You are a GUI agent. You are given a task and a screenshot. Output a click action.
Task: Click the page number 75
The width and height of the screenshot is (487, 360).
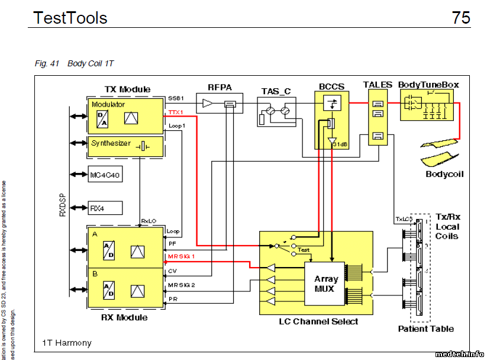coord(461,18)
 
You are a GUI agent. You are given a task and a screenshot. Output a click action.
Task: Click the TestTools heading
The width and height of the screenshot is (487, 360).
coord(70,18)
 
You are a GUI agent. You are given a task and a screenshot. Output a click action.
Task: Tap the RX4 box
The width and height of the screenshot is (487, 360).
coord(106,208)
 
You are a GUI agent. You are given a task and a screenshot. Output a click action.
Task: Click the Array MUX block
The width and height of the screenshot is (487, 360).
coord(326,283)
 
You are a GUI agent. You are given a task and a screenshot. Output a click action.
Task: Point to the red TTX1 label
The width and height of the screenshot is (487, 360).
coord(176,111)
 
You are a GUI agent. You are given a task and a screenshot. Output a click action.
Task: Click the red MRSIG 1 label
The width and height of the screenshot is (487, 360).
coord(182,256)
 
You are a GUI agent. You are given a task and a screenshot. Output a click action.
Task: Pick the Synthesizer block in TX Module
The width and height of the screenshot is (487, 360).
coord(125,146)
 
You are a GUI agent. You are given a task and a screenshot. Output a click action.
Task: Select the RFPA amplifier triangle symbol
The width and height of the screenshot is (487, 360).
coord(207,104)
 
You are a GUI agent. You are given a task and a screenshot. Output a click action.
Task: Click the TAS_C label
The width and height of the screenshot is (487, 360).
coord(276,91)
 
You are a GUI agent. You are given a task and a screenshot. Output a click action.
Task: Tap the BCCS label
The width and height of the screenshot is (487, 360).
coord(331,86)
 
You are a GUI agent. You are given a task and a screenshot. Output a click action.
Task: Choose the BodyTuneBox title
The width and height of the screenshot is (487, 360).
coord(428,85)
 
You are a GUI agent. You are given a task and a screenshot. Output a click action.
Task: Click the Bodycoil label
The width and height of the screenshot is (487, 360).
coord(444,174)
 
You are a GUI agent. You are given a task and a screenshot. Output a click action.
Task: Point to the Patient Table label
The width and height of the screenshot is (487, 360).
coord(426,329)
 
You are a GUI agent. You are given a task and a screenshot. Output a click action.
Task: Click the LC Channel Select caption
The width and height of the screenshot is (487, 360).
coord(318,321)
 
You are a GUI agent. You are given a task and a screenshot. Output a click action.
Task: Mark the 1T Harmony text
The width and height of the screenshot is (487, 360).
coord(67,343)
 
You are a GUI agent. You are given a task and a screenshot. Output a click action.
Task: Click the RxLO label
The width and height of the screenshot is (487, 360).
coord(148,221)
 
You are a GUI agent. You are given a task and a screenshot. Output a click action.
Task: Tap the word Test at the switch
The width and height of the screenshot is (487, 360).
coord(304,250)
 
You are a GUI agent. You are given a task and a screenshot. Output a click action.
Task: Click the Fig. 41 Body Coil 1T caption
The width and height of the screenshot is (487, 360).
coord(74,63)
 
